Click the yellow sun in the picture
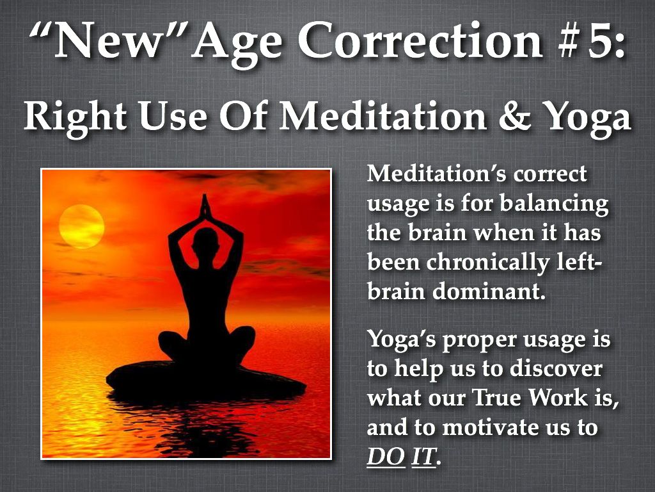tap(81, 226)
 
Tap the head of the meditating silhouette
tap(205, 242)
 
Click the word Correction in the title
tap(420, 40)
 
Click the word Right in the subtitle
tap(75, 118)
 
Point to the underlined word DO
tap(386, 456)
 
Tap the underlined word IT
tap(423, 456)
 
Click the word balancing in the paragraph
tap(554, 204)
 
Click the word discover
tap(556, 368)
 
